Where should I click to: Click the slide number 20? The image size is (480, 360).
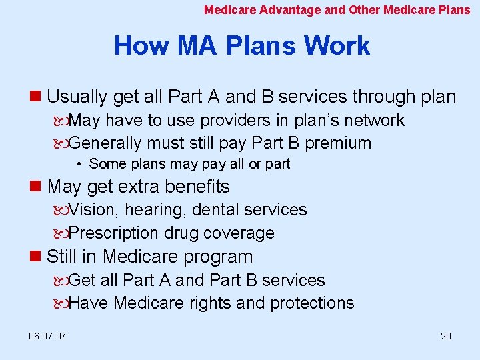click(446, 336)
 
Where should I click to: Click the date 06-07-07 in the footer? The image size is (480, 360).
click(47, 336)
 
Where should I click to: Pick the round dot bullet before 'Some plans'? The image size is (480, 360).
click(79, 164)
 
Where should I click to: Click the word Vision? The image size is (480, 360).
click(92, 210)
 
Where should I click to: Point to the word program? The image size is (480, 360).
click(221, 257)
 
